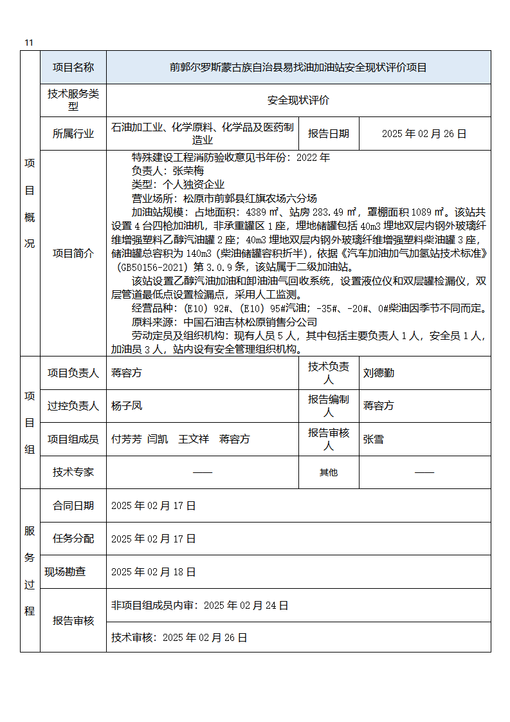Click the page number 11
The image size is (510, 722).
point(28,42)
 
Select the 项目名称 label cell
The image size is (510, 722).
point(73,67)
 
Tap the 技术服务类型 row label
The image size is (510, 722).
point(73,100)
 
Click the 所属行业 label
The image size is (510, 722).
point(73,134)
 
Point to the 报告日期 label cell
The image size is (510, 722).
point(329,134)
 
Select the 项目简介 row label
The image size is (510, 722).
point(73,254)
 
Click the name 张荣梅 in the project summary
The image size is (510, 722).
point(188,171)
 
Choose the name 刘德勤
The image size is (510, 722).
point(379,373)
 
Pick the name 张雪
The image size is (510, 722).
point(374,439)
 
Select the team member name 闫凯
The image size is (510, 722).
point(158,439)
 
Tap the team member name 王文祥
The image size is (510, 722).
point(194,439)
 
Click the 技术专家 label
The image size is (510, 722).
point(73,472)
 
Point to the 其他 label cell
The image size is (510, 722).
point(329,472)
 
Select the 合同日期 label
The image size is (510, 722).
point(73,506)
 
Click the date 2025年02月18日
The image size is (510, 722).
point(153,571)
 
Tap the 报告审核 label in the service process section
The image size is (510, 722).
point(73,621)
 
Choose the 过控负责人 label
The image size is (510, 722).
point(73,405)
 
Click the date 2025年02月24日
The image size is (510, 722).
point(246,605)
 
